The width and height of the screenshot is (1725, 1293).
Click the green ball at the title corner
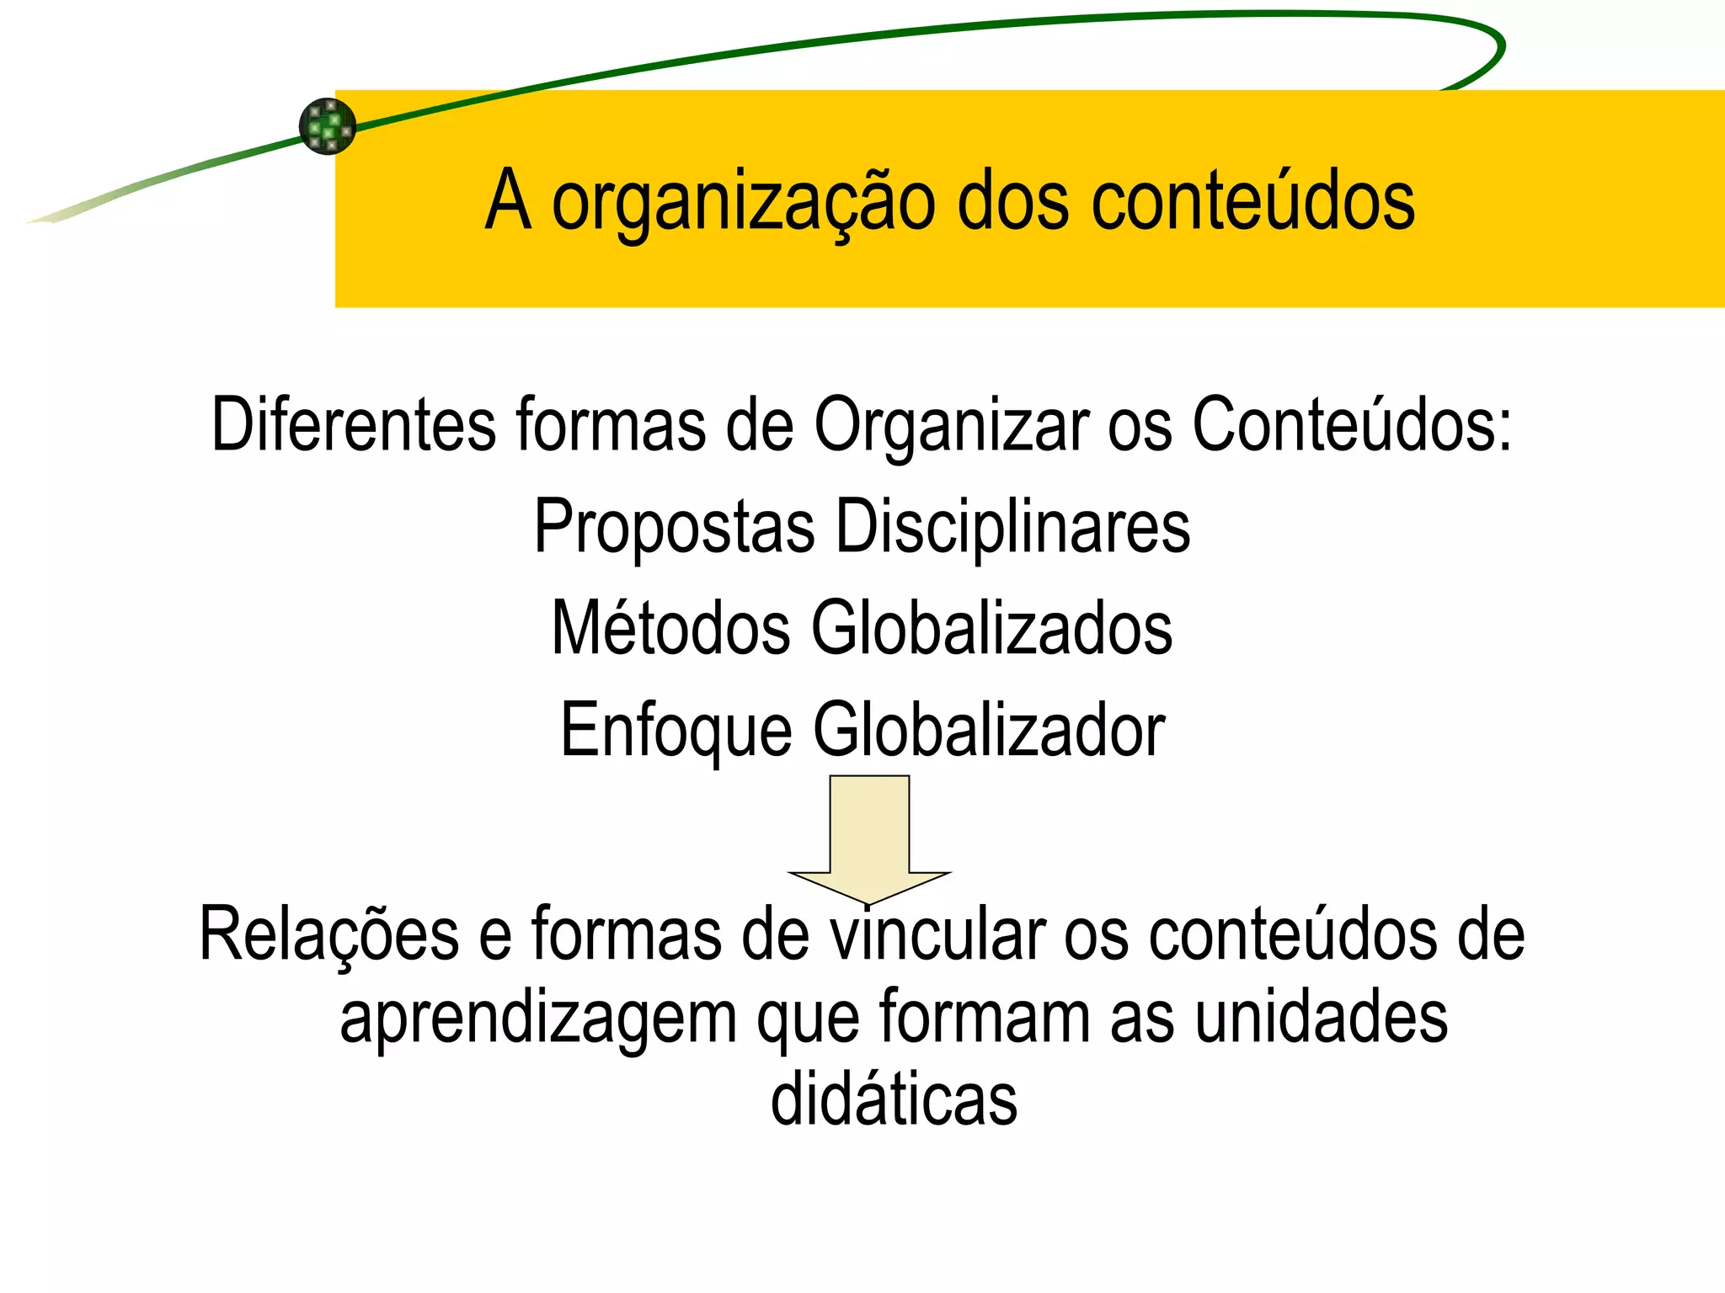[328, 126]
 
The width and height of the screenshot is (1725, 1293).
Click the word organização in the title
[743, 203]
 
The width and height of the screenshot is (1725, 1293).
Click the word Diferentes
[353, 424]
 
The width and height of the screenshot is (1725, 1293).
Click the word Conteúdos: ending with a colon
[1351, 424]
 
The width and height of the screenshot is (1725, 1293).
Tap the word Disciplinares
[1012, 526]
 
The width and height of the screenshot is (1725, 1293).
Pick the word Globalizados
[991, 628]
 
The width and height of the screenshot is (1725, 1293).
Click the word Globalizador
[989, 730]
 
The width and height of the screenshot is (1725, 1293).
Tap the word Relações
[329, 934]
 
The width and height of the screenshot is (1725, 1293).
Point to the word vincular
[937, 934]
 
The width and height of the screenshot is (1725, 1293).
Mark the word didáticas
[894, 1099]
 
